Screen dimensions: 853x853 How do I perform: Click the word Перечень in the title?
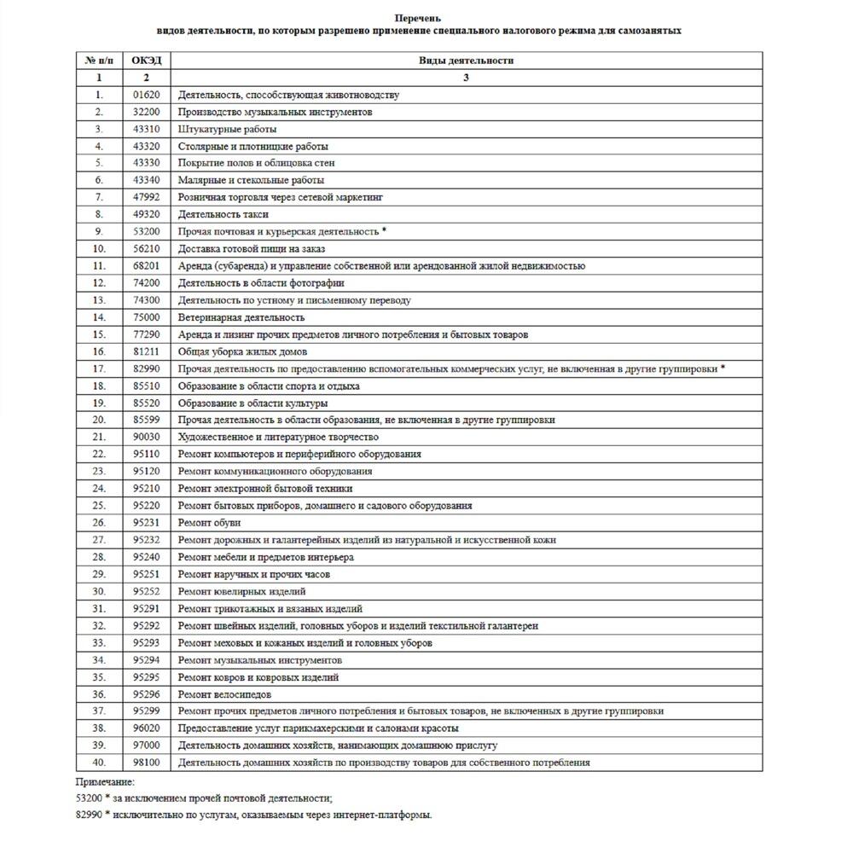[419, 18]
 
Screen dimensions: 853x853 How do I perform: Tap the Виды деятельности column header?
[466, 61]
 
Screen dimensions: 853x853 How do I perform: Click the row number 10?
[99, 248]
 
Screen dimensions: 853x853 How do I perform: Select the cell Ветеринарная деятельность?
[241, 317]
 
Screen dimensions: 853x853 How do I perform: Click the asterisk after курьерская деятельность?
[385, 230]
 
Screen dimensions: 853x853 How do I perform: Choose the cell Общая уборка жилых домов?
[242, 351]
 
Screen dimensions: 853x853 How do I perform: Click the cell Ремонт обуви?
[209, 523]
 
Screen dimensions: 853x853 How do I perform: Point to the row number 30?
[99, 591]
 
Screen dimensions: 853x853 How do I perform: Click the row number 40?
[99, 763]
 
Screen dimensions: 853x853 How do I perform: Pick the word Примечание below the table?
[105, 781]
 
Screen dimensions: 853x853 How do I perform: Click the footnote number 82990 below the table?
[90, 815]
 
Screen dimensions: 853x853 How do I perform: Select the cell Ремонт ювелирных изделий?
[241, 591]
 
